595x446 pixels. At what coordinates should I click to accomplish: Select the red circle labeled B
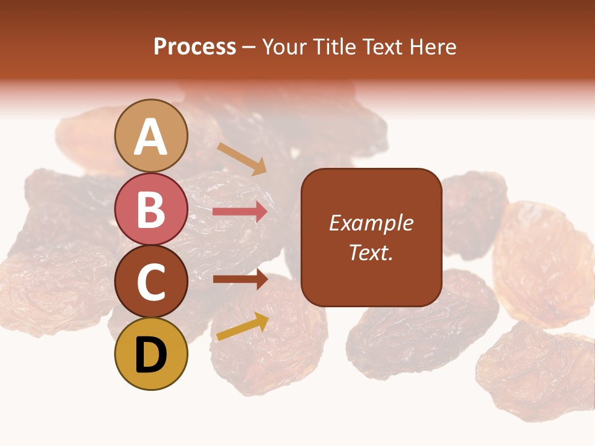pos(151,209)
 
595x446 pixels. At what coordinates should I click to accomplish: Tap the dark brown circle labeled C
pos(151,282)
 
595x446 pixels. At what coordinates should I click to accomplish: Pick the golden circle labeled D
pos(151,354)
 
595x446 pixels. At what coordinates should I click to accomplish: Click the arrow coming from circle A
pos(242,159)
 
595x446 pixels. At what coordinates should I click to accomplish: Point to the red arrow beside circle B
pos(240,212)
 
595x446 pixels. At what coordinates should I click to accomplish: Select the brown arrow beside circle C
pos(240,279)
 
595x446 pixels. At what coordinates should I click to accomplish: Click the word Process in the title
pos(195,47)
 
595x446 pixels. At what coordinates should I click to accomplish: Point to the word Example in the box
pos(371,223)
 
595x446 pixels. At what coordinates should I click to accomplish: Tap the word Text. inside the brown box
pos(371,252)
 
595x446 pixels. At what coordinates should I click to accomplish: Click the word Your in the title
pos(284,47)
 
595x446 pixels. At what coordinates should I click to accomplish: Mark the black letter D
pos(151,356)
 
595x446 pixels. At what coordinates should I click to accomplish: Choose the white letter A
pos(151,136)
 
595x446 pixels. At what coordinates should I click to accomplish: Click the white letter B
pos(151,209)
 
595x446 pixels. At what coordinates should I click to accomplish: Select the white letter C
pos(151,282)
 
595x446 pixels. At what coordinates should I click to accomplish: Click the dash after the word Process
pos(249,48)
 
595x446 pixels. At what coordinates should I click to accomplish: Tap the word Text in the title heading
pos(383,47)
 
